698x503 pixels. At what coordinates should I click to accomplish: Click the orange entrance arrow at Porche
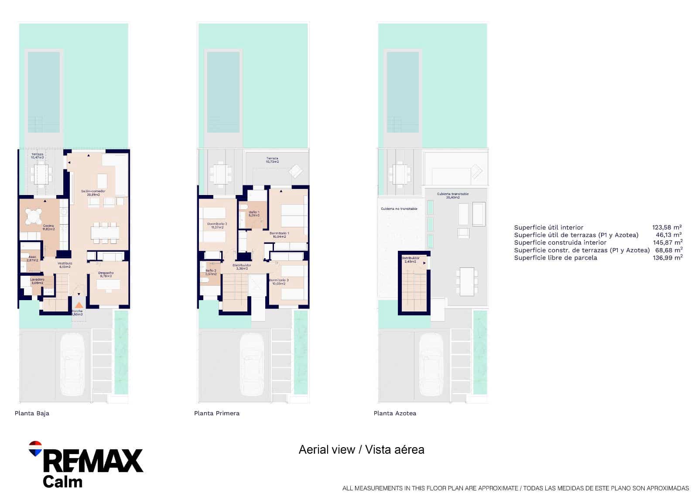click(79, 306)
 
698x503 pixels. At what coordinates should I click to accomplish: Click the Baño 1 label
click(254, 213)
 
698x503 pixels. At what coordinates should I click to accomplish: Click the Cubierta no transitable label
click(399, 209)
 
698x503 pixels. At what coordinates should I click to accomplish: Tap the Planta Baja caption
click(32, 413)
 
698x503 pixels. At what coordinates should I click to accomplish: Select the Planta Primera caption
click(217, 413)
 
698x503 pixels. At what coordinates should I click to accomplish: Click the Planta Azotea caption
click(395, 413)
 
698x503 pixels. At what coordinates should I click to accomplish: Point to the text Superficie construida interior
click(560, 243)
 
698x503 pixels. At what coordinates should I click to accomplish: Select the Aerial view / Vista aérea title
click(361, 450)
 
